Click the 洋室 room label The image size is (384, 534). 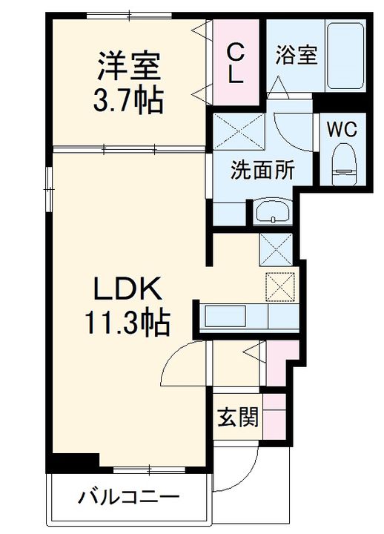tap(129, 66)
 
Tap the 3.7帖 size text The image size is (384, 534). tap(128, 100)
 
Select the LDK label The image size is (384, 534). tap(128, 288)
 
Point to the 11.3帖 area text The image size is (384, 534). tap(128, 322)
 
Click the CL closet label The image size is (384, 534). tap(235, 64)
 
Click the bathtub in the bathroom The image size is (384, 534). tap(345, 56)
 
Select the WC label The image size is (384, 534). tap(342, 129)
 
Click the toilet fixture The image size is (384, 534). tap(344, 164)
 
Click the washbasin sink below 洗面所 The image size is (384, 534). tap(273, 211)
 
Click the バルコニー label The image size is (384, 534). tap(129, 498)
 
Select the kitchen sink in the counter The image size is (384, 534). tap(225, 317)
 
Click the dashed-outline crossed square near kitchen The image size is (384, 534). tap(280, 287)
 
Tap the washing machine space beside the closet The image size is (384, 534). tap(239, 131)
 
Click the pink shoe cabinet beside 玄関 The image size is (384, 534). tap(274, 417)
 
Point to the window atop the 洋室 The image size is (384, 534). tap(129, 15)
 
